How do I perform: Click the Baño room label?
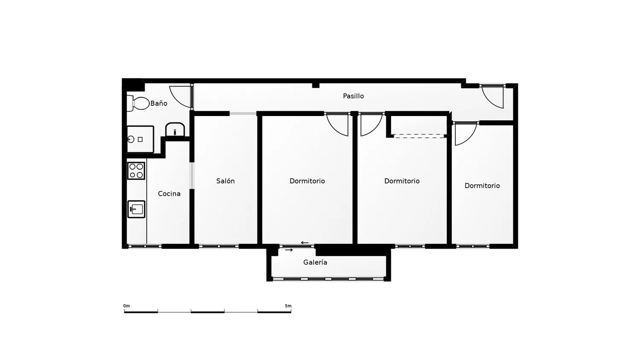[159, 103]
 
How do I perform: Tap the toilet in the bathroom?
[138, 103]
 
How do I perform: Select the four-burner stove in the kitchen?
[136, 171]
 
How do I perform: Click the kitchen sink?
[136, 209]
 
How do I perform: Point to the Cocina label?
[169, 194]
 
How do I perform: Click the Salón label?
[225, 181]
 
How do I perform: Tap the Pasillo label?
[353, 96]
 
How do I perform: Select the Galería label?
[315, 262]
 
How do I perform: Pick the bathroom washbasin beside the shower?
[175, 130]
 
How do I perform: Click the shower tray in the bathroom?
[140, 139]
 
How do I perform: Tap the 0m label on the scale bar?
[127, 306]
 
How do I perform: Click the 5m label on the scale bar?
[288, 306]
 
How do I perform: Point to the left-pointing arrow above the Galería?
[305, 243]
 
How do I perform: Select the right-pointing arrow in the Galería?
[289, 250]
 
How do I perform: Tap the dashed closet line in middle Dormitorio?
[419, 136]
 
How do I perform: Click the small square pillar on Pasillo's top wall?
[316, 85]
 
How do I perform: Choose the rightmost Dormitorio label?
[482, 186]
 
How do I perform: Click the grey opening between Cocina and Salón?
[192, 176]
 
